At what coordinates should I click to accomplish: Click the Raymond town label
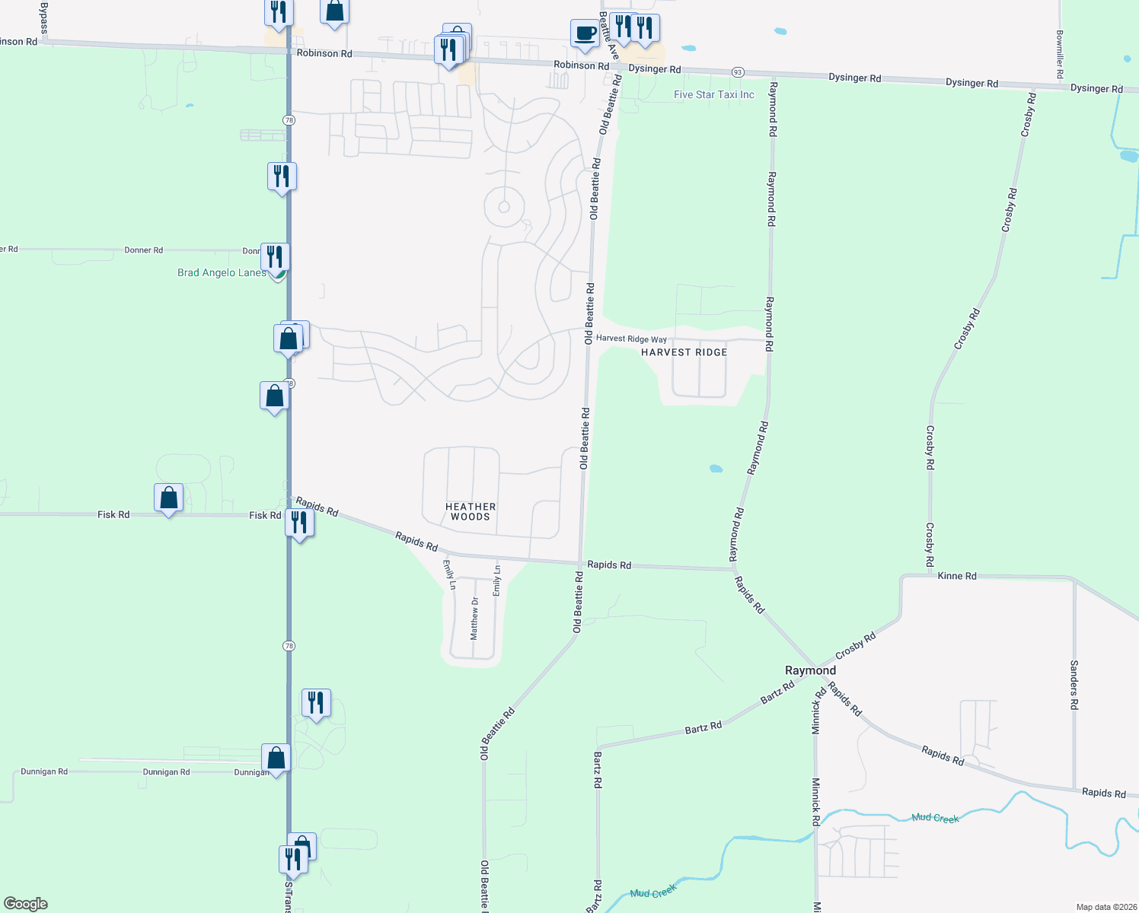point(810,670)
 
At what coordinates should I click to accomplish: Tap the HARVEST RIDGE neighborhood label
point(684,352)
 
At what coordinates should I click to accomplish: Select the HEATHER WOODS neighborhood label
point(471,511)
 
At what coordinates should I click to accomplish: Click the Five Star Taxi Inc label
point(713,95)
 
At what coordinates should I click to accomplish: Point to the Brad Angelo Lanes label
point(222,272)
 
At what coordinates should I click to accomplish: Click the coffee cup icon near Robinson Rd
point(585,33)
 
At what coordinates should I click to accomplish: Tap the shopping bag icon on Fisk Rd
point(168,498)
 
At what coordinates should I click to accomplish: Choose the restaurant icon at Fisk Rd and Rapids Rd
point(299,523)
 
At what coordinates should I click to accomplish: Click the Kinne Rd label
point(957,576)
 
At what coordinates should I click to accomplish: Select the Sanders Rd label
point(1074,685)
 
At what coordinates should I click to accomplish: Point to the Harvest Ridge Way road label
point(631,339)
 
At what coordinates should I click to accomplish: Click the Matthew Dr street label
point(474,618)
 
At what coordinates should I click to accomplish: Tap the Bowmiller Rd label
point(1059,54)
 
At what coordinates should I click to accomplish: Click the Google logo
point(26,904)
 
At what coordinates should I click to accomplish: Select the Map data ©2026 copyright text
point(1106,907)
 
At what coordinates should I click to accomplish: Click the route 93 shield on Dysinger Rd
point(737,72)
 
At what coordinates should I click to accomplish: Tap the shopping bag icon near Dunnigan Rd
point(276,758)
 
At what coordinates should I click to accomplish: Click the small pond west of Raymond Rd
point(716,469)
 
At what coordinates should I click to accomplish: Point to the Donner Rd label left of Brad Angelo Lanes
point(143,250)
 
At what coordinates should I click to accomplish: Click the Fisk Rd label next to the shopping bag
point(113,515)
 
